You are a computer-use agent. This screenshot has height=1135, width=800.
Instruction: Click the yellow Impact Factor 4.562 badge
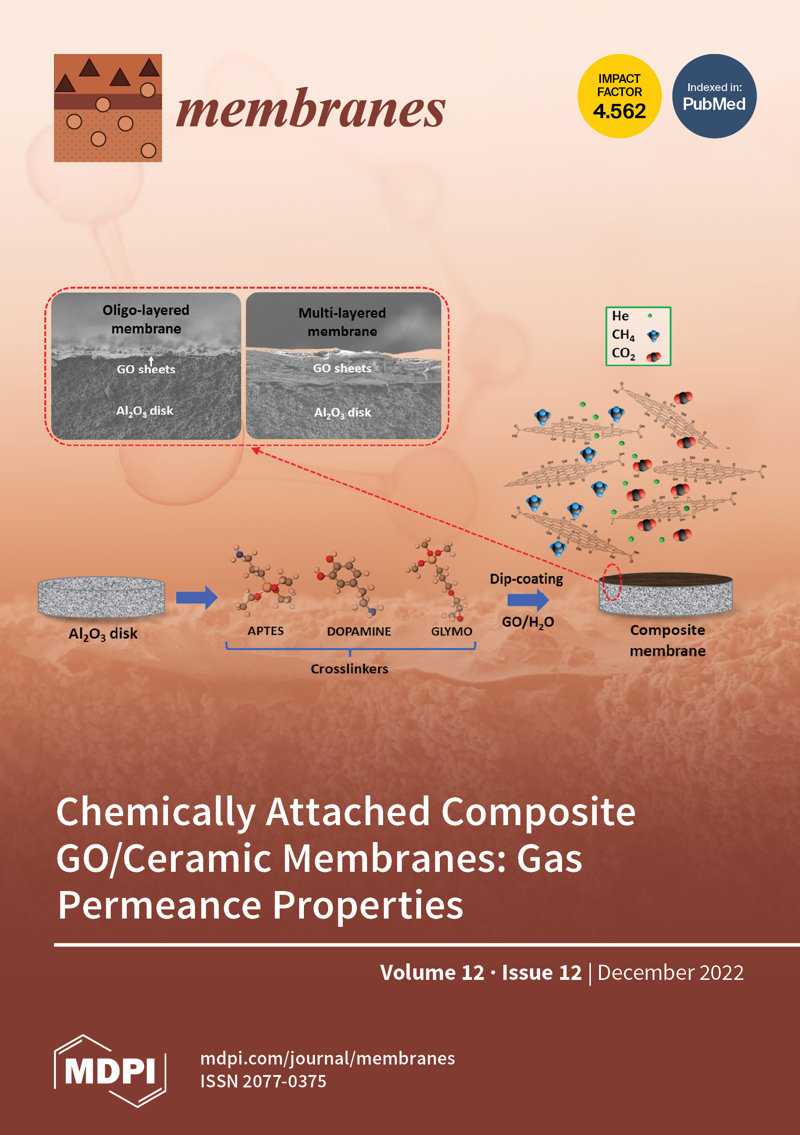619,96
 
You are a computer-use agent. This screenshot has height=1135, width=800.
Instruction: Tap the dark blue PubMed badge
714,96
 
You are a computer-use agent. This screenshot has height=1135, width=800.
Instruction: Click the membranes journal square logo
108,108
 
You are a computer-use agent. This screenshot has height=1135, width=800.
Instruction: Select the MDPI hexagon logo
110,1071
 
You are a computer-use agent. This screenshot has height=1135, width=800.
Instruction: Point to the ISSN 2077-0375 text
263,1081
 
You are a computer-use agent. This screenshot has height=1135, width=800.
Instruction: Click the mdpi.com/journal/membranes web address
327,1059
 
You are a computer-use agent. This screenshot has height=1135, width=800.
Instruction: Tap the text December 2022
670,973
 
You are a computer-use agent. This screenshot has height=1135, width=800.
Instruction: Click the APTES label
265,631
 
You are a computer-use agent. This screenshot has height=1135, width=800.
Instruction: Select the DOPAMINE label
359,631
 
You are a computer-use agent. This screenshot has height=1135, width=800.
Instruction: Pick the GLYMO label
451,631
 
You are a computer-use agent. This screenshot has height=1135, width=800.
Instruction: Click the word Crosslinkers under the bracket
349,669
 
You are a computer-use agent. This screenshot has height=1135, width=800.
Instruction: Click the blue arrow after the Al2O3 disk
197,597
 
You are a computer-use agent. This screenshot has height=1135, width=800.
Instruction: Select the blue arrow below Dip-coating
528,600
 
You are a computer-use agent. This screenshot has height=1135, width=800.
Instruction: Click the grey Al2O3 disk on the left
101,597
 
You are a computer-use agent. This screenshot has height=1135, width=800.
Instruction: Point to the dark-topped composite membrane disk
665,594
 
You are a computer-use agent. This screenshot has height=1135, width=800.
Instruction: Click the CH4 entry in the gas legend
623,335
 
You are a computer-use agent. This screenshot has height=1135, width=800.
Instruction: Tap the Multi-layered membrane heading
342,322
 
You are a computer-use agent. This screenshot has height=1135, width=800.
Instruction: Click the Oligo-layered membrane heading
146,319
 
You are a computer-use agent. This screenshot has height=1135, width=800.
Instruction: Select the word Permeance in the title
160,905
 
